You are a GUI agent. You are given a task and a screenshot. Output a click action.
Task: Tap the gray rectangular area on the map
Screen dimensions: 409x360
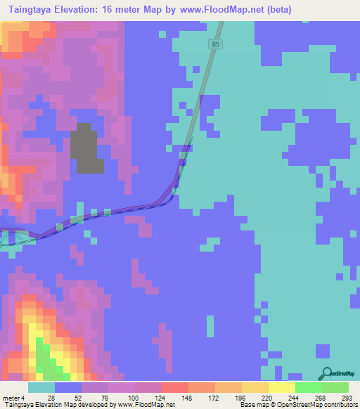86,148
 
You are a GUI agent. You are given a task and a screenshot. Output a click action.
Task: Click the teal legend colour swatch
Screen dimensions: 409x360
41,387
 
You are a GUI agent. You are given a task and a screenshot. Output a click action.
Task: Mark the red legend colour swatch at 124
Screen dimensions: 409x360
174,387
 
